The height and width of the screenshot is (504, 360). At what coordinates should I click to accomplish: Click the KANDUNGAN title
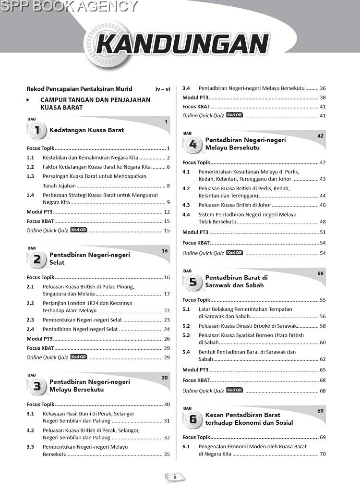[x=182, y=44]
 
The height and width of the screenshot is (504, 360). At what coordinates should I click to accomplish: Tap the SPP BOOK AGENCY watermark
[x=69, y=6]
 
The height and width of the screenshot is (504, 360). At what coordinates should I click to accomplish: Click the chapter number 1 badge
[x=37, y=130]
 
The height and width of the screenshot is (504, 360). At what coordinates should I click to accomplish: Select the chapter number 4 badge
[x=193, y=144]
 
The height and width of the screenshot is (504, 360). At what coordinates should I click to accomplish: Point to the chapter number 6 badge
[x=193, y=419]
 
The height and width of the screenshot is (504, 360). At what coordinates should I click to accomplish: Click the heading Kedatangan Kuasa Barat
[x=86, y=130]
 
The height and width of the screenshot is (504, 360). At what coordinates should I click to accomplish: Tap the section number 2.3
[x=30, y=320]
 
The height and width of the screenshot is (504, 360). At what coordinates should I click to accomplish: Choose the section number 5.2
[x=186, y=326]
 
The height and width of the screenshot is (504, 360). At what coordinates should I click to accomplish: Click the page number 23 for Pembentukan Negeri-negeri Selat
[x=167, y=320]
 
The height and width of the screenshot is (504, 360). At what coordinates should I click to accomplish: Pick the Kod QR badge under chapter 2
[x=79, y=357]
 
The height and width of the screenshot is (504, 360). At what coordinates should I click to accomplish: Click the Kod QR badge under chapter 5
[x=235, y=390]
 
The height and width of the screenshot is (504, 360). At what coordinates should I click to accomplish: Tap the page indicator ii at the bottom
[x=175, y=477]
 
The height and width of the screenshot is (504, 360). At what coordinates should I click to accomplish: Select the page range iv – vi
[x=163, y=89]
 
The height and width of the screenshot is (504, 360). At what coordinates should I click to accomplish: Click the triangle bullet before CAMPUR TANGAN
[x=28, y=100]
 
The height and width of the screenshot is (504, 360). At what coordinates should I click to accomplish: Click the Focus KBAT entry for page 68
[x=196, y=381]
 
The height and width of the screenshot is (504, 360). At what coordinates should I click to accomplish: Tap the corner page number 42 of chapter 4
[x=321, y=136]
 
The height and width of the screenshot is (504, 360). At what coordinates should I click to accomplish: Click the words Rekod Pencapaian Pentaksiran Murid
[x=79, y=89]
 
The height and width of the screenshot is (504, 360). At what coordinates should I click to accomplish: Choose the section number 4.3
[x=186, y=205]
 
